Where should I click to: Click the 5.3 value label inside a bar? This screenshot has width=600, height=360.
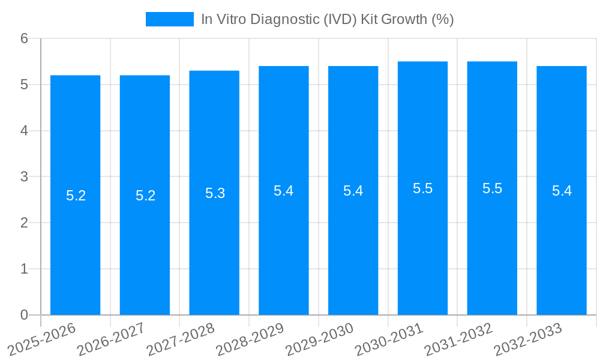pos(215,193)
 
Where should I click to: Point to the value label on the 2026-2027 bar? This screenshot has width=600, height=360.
pos(145,196)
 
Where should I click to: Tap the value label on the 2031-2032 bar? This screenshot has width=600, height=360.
pos(492,188)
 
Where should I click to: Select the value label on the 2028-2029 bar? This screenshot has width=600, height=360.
pos(283,191)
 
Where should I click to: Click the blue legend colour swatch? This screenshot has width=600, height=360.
pos(169,19)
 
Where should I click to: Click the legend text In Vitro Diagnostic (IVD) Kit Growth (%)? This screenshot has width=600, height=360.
pos(327,19)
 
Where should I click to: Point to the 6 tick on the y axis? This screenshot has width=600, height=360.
pos(24,38)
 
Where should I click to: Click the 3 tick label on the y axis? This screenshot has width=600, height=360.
pos(24,177)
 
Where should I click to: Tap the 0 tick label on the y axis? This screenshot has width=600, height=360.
pos(24,315)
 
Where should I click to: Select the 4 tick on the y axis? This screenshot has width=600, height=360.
pos(24,131)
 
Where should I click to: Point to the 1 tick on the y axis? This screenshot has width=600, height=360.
pos(24,269)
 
